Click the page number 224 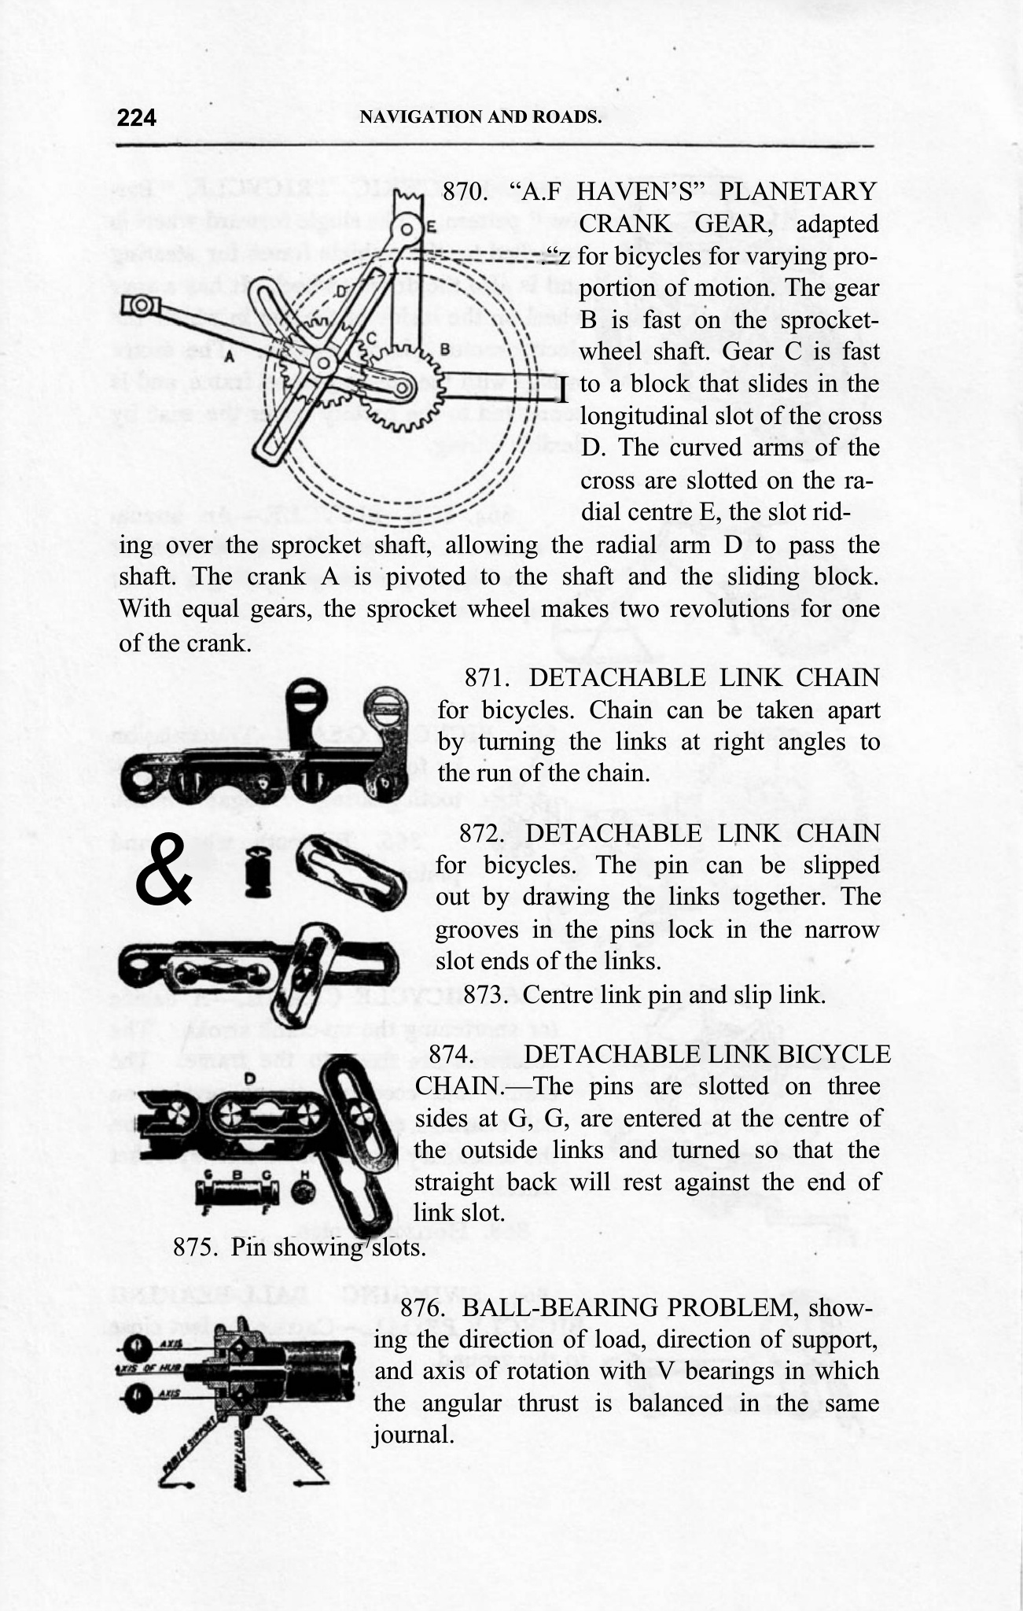(137, 118)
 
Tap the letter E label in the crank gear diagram (432, 228)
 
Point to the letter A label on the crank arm (229, 356)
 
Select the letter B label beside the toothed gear (444, 347)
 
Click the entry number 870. (469, 192)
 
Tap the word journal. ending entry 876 (413, 1435)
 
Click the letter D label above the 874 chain (248, 1078)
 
